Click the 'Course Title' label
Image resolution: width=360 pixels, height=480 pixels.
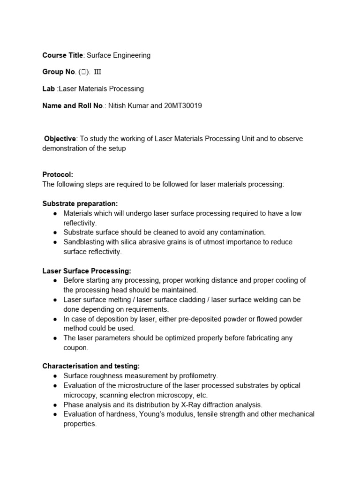(x=63, y=55)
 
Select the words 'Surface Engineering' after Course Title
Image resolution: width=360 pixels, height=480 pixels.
(x=119, y=55)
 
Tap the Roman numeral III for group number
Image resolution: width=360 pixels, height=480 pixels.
(x=97, y=72)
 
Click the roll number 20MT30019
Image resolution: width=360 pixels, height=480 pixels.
(x=183, y=105)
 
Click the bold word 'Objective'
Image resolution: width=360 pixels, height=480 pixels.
(x=60, y=139)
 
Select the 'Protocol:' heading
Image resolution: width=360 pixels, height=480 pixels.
(x=58, y=174)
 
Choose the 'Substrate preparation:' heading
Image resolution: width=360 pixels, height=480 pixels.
(x=80, y=203)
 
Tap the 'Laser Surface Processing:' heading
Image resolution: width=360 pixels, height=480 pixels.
(x=87, y=271)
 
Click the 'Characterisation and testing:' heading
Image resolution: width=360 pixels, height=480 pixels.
(x=91, y=366)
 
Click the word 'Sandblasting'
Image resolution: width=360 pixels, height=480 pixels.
(x=84, y=242)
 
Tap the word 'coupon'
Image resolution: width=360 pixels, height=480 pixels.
(x=75, y=348)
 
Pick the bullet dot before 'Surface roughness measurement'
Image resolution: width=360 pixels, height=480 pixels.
(x=55, y=376)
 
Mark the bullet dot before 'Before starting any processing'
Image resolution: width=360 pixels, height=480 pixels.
(x=55, y=281)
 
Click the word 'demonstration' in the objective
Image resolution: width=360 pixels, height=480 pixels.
(x=65, y=148)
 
